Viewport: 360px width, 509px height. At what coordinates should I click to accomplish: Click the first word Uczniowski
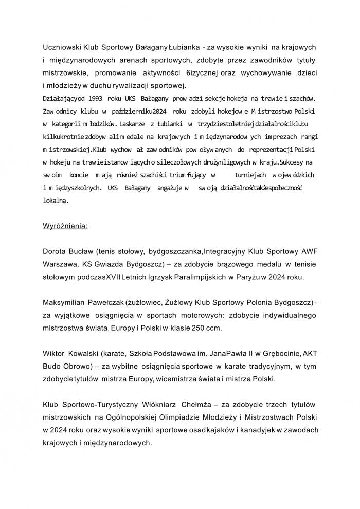[x=61, y=47]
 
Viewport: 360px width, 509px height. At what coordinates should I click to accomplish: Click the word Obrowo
[x=81, y=365]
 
